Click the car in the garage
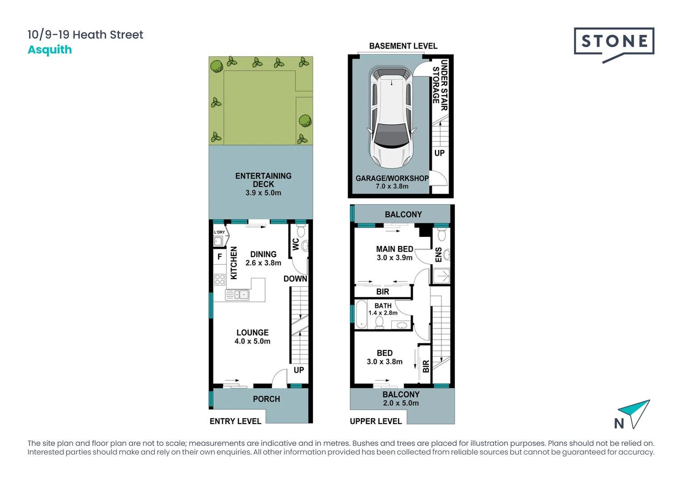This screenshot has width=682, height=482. [x=391, y=117]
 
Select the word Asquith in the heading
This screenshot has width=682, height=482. [x=50, y=50]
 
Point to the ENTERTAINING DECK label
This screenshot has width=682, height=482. [x=263, y=180]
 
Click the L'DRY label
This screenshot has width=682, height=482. [x=219, y=232]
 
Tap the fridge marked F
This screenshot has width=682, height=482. [x=220, y=257]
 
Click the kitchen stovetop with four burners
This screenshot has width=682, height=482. [x=220, y=279]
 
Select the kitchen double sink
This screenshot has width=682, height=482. [x=237, y=295]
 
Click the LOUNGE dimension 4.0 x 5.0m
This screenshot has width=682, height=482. [x=252, y=341]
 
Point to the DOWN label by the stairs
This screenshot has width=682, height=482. [x=295, y=279]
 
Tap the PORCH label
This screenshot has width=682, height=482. [x=266, y=399]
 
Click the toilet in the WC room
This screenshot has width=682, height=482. [x=301, y=231]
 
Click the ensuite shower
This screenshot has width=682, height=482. [x=441, y=276]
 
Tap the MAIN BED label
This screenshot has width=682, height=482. [x=395, y=249]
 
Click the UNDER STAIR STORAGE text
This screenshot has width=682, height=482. [x=440, y=85]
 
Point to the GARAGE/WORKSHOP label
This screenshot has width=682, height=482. [x=392, y=178]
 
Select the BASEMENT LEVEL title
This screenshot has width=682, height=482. [x=403, y=46]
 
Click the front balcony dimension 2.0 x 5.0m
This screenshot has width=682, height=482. [x=401, y=403]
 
